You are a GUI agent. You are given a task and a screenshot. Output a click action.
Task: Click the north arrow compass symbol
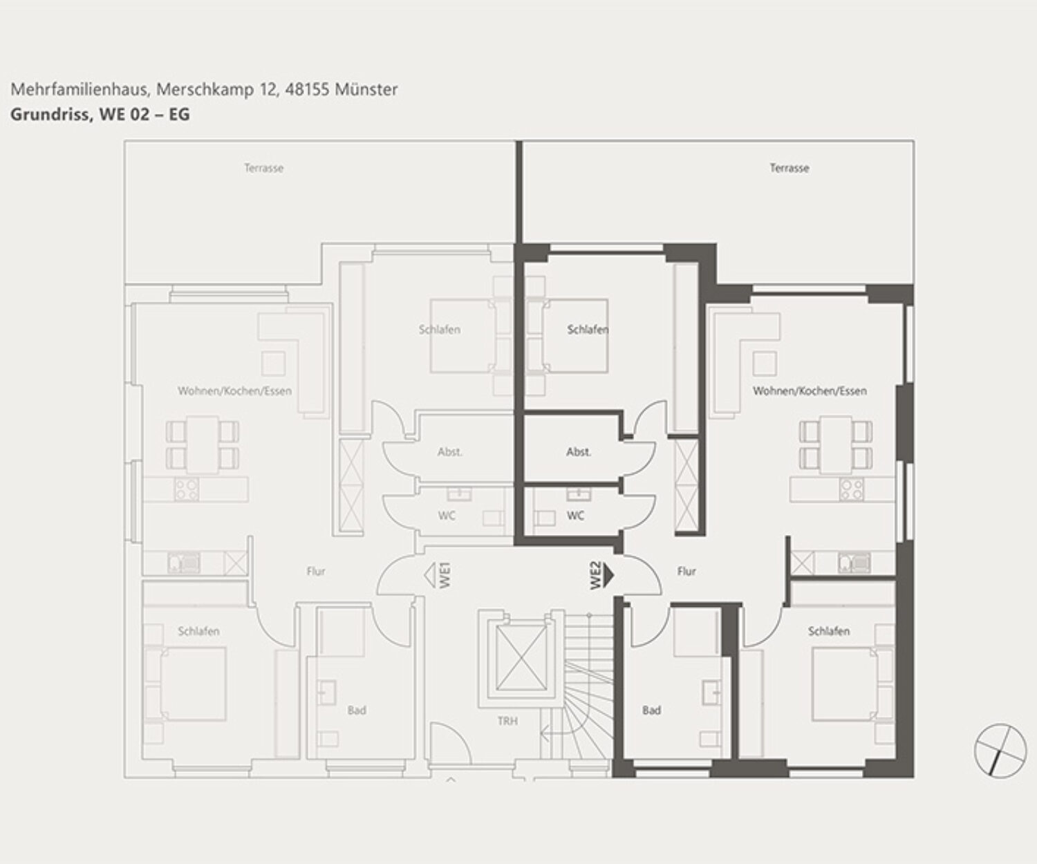pyautogui.click(x=1000, y=750)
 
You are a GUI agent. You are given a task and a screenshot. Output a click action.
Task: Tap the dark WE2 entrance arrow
pyautogui.click(x=608, y=576)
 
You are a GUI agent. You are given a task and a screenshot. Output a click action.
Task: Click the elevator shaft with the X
pyautogui.click(x=521, y=658)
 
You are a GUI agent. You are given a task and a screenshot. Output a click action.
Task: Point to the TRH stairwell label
pyautogui.click(x=507, y=720)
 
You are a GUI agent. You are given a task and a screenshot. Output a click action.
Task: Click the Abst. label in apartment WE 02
pyautogui.click(x=579, y=452)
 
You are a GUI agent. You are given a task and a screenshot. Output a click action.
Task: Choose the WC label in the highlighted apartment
pyautogui.click(x=575, y=516)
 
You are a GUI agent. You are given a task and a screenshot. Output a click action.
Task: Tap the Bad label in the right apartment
pyautogui.click(x=651, y=711)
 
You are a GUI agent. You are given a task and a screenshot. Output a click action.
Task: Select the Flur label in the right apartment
pyautogui.click(x=686, y=572)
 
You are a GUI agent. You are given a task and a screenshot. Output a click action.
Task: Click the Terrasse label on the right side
pyautogui.click(x=790, y=169)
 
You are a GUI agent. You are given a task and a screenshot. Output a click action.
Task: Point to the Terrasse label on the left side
pyautogui.click(x=263, y=169)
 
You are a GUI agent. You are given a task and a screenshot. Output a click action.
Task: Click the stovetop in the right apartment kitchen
pyautogui.click(x=851, y=489)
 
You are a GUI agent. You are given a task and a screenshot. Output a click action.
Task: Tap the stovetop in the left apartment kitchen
pyautogui.click(x=186, y=489)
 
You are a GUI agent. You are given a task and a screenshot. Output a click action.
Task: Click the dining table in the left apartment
pyautogui.click(x=202, y=445)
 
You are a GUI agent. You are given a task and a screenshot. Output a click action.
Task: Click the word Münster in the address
pyautogui.click(x=366, y=89)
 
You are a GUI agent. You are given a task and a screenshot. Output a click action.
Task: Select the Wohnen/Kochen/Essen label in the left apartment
pyautogui.click(x=235, y=391)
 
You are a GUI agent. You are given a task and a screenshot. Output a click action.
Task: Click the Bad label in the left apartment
pyautogui.click(x=357, y=711)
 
